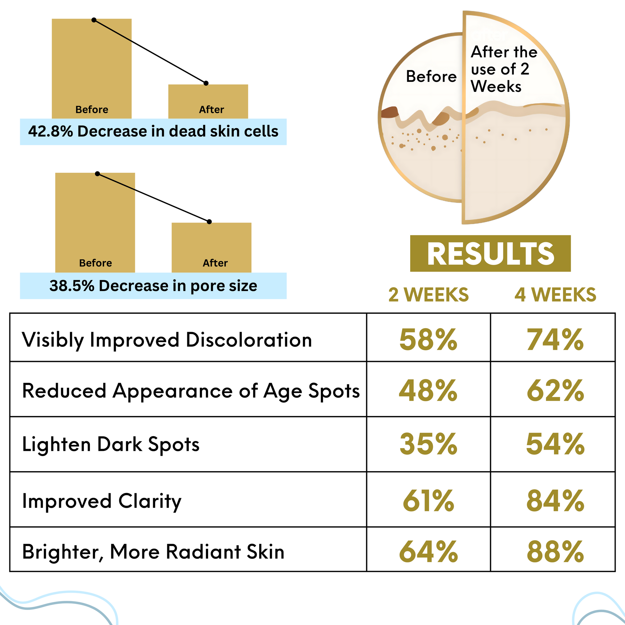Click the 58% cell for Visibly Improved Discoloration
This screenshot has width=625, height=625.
click(428, 340)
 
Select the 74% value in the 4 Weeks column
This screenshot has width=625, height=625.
click(555, 340)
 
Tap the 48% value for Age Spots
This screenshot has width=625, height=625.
click(428, 391)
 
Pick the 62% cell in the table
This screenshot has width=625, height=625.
click(555, 391)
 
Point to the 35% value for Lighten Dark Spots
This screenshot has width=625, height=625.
click(428, 444)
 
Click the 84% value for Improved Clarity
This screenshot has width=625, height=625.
click(555, 501)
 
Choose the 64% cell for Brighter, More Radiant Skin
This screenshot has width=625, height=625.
click(428, 551)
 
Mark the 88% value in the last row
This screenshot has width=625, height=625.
click(555, 551)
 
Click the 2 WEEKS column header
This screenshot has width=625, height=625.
click(428, 295)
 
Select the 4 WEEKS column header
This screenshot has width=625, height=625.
click(555, 295)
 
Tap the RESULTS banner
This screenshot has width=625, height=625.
click(490, 253)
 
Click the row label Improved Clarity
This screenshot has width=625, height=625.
click(101, 501)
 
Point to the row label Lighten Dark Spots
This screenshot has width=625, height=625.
click(110, 444)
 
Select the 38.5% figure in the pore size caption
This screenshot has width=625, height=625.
click(72, 286)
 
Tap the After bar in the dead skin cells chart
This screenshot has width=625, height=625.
click(208, 101)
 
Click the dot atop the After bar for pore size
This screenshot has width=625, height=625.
click(209, 222)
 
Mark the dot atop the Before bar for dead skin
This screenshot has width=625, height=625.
click(94, 20)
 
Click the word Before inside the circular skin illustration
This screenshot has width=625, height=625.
click(431, 77)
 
